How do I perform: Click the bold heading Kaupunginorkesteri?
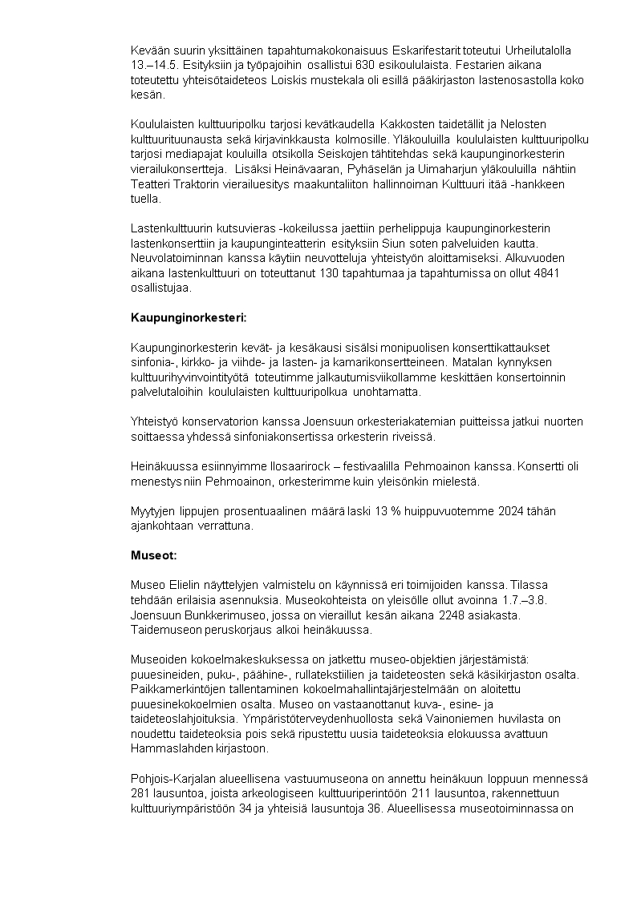pyautogui.click(x=189, y=317)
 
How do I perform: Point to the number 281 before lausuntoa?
pyautogui.click(x=140, y=792)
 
